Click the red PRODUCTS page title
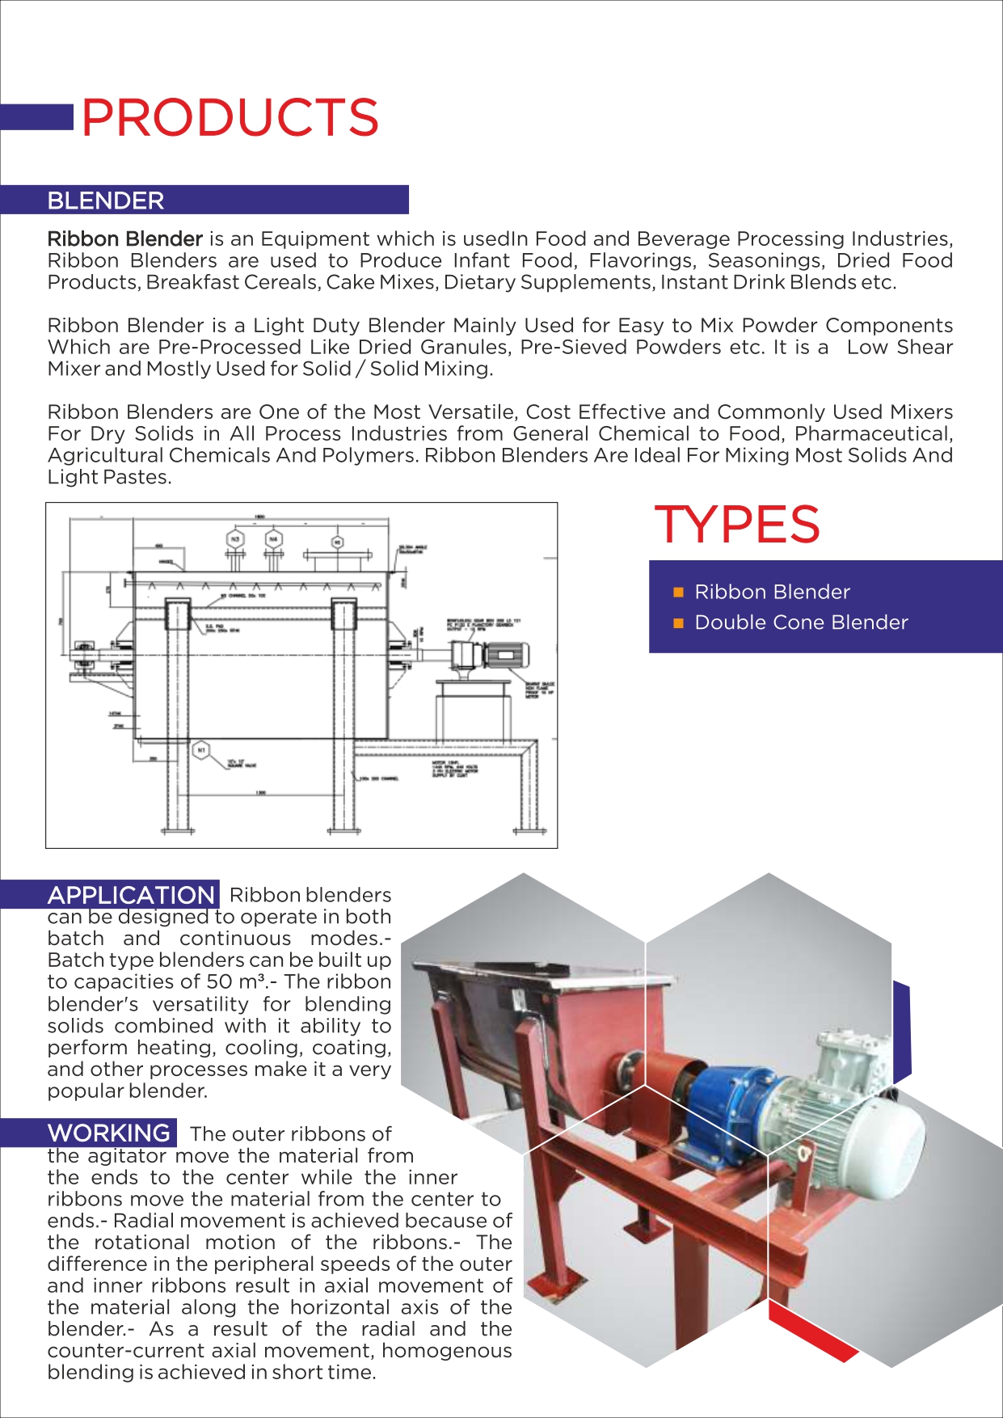coord(230,118)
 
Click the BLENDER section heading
coord(106,200)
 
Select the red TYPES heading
coord(736,525)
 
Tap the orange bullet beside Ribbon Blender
coord(679,593)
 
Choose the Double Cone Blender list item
coord(801,622)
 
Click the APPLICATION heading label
coord(131,895)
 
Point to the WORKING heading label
coord(109,1133)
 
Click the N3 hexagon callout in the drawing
coord(235,538)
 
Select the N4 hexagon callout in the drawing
coord(273,538)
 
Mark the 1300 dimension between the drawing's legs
coord(260,793)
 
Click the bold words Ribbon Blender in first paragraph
coord(124,239)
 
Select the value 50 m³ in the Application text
coord(242,982)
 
